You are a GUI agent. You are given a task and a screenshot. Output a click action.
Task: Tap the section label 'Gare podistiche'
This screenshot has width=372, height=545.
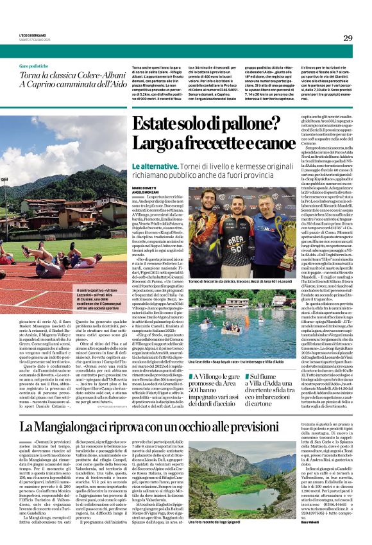point(33,67)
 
